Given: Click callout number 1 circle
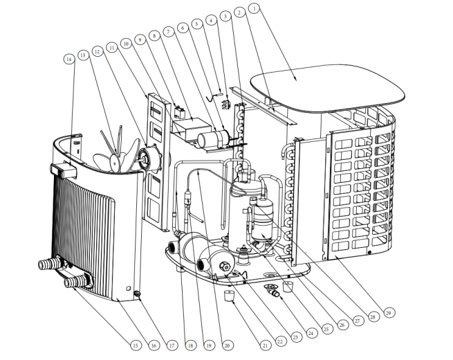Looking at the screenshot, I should pyautogui.click(x=255, y=8).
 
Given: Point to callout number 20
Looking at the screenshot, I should pyautogui.click(x=225, y=343).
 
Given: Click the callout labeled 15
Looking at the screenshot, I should pyautogui.click(x=135, y=343).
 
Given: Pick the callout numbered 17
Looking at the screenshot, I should pyautogui.click(x=170, y=343).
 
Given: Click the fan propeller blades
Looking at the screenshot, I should pyautogui.click(x=111, y=149).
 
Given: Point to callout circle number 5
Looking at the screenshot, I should pyautogui.click(x=197, y=24).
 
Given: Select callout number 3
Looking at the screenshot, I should pyautogui.click(x=225, y=15).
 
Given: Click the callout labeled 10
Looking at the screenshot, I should pyautogui.click(x=126, y=43).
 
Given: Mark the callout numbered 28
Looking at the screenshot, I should pyautogui.click(x=374, y=317).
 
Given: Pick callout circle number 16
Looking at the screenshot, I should pyautogui.click(x=154, y=343).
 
